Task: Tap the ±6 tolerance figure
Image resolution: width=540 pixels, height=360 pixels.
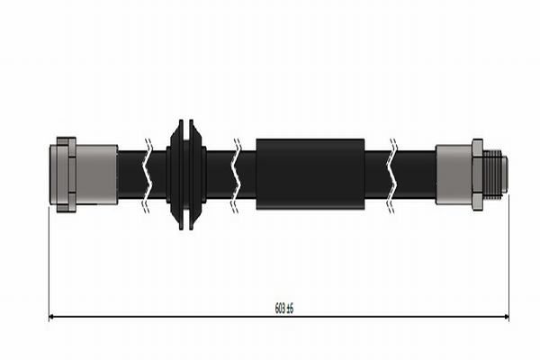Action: click(290, 309)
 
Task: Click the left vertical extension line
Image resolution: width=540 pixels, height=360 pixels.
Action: click(49, 261)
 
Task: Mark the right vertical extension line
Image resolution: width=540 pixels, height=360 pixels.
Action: click(508, 261)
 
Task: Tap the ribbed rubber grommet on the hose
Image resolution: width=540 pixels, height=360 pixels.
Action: click(186, 175)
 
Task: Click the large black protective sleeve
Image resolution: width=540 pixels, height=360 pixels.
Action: click(310, 175)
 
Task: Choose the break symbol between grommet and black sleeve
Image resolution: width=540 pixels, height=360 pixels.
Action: click(236, 175)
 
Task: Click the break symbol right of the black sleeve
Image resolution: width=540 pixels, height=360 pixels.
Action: click(391, 175)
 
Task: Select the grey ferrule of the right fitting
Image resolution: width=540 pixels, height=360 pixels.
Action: click(454, 175)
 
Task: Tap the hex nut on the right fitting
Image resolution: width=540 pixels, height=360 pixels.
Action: click(477, 175)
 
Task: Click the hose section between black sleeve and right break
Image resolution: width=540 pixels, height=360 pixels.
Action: click(376, 175)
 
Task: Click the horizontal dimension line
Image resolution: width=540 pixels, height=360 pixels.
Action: click(180, 317)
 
